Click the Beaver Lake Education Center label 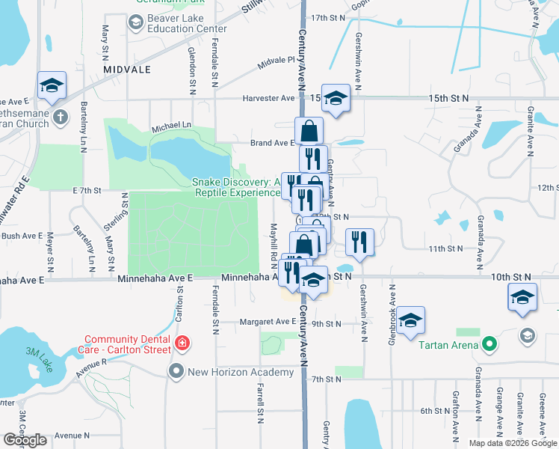[187, 22]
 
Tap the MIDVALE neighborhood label [129, 69]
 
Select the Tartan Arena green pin [489, 345]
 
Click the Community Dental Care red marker [181, 343]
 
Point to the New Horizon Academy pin [176, 371]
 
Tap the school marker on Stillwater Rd [52, 87]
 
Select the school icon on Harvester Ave [336, 98]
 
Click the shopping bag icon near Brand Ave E [309, 132]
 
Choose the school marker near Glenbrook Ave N [410, 322]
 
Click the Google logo [25, 440]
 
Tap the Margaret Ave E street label [268, 323]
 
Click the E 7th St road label [87, 191]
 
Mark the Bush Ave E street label [22, 236]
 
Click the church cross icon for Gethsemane [61, 117]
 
